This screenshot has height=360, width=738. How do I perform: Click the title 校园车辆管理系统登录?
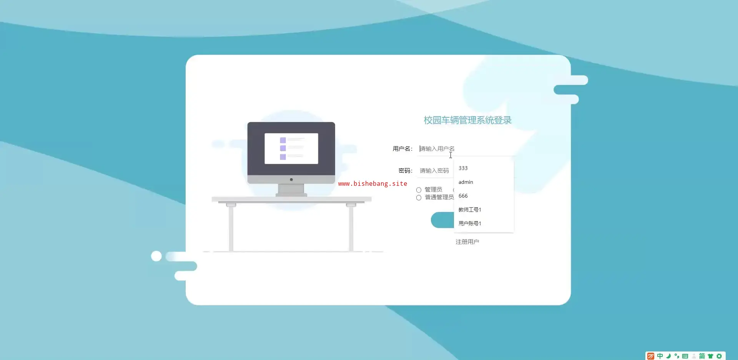pyautogui.click(x=467, y=120)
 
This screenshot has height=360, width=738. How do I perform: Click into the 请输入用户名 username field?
pyautogui.click(x=467, y=149)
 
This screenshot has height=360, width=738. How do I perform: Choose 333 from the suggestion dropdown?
pyautogui.click(x=463, y=168)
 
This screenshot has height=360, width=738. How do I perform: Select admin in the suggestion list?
pyautogui.click(x=466, y=182)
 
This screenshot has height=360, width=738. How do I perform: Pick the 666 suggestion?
pyautogui.click(x=463, y=196)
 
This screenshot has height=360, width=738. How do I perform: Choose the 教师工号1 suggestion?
pyautogui.click(x=470, y=210)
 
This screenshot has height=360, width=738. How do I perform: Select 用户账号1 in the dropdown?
pyautogui.click(x=470, y=223)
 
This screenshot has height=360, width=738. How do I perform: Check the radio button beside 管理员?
pyautogui.click(x=419, y=190)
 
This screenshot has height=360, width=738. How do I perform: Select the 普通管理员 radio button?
pyautogui.click(x=419, y=198)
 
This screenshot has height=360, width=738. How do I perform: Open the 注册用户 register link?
pyautogui.click(x=467, y=242)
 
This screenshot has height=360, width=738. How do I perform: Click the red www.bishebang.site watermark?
pyautogui.click(x=372, y=184)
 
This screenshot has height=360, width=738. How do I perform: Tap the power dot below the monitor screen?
pyautogui.click(x=291, y=180)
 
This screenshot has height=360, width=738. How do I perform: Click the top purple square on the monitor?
pyautogui.click(x=283, y=140)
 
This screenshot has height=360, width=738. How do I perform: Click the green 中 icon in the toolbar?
pyautogui.click(x=660, y=356)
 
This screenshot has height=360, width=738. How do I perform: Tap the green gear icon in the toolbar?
pyautogui.click(x=719, y=356)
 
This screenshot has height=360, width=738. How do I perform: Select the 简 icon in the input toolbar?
pyautogui.click(x=702, y=356)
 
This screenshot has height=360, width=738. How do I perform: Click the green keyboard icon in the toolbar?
pyautogui.click(x=685, y=356)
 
